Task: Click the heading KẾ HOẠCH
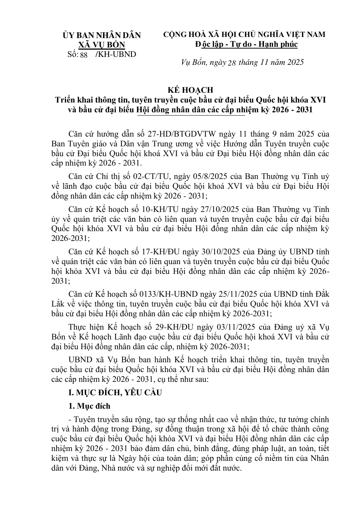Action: point(190,90)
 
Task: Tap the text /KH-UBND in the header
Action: point(115,55)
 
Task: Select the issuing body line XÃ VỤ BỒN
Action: point(102,45)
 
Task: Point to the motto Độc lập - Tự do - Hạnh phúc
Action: point(246,44)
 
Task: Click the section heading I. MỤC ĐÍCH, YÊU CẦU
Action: point(115,393)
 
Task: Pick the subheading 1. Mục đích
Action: point(89,406)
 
